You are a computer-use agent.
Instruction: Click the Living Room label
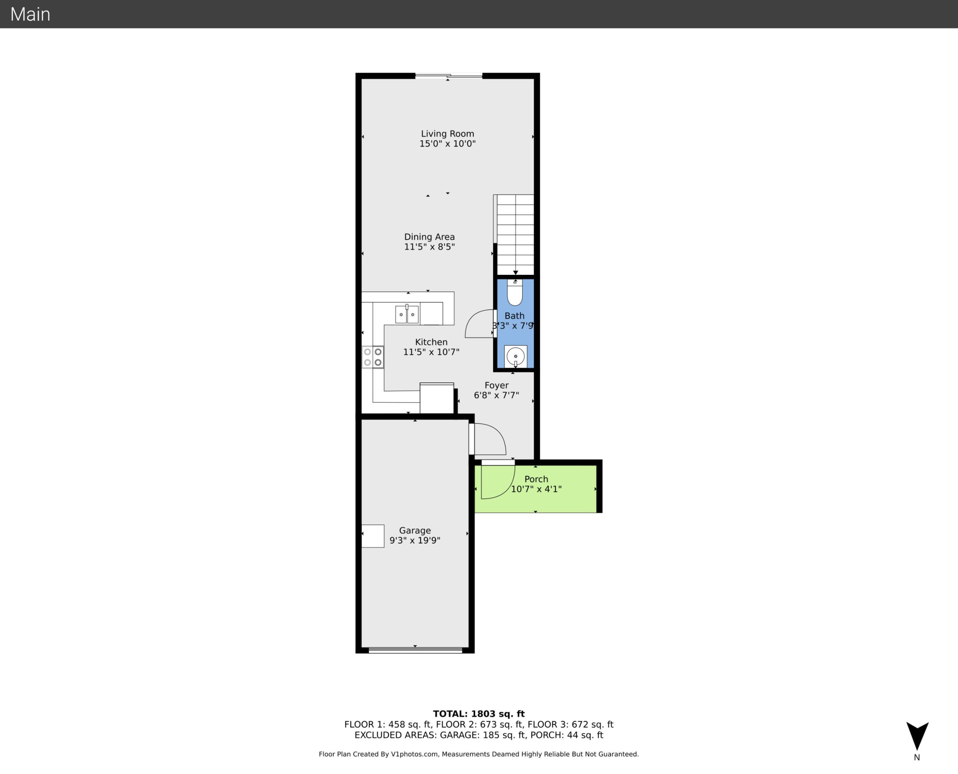(447, 134)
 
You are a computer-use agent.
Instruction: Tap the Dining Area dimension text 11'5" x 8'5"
(430, 247)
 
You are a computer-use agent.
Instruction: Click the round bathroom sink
(516, 356)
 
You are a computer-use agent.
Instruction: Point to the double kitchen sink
(407, 314)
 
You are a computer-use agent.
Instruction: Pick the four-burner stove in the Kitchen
(373, 357)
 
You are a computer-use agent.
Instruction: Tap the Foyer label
(497, 385)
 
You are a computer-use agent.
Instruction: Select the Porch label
(536, 479)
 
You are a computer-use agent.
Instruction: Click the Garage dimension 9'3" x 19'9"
(415, 540)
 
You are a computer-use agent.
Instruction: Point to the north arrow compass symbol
(917, 736)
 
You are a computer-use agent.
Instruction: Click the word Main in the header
(30, 14)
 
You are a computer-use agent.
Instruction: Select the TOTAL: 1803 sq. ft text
(479, 714)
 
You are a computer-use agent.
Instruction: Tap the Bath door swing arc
(478, 324)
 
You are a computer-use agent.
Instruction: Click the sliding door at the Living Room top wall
(449, 76)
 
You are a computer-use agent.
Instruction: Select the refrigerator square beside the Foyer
(437, 398)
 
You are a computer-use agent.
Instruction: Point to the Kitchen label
(431, 342)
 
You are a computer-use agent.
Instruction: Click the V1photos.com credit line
(479, 754)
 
